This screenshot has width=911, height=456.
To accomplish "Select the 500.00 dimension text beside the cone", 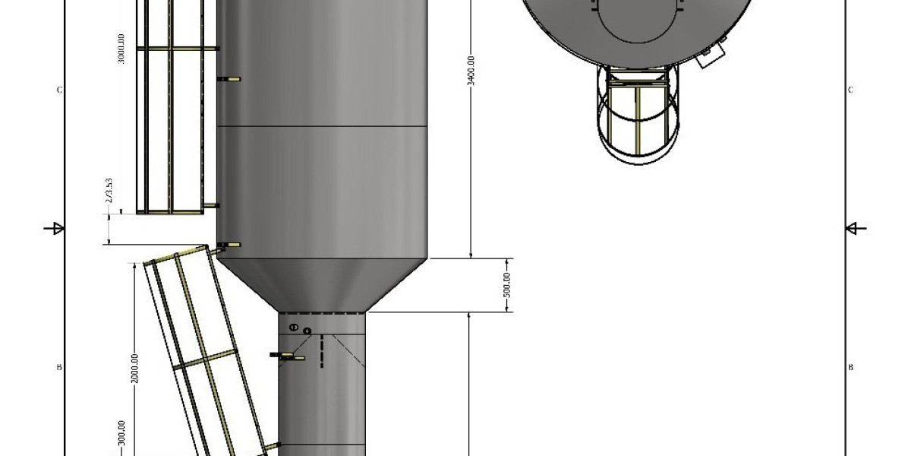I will pos(507,285).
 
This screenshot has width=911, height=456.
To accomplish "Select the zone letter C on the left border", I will pos(59,90).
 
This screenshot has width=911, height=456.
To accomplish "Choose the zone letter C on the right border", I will pos(850,90).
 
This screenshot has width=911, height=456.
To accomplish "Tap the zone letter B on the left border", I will pos(59,368).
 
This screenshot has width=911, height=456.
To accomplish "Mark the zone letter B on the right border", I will pos(850,368).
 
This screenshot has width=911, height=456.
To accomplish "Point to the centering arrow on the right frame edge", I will pos(855,227).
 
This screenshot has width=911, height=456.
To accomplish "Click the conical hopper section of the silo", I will pos(323,285).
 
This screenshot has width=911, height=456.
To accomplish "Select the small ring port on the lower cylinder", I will pos(307,331).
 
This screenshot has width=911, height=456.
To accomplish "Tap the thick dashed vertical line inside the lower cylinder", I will pos(322,352).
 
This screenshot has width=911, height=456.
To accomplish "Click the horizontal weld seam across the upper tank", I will pos(323,125).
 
